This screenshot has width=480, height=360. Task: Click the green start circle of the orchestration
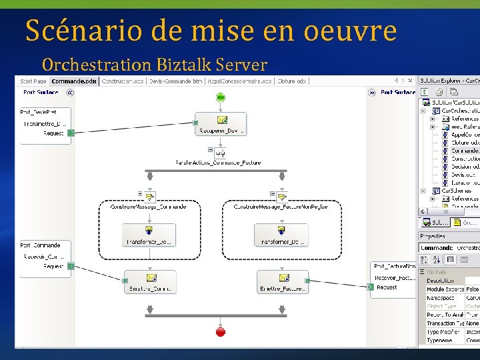pos(221,98)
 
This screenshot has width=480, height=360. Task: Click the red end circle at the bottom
pos(221,331)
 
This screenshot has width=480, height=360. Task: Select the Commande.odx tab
pos(74,81)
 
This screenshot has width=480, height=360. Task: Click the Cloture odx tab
pos(292,81)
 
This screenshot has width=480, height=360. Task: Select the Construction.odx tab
pos(122,81)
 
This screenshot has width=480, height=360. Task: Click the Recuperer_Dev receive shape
pos(221,124)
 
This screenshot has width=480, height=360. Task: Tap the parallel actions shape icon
pos(221,152)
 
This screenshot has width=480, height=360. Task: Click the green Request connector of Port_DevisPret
pos(71,133)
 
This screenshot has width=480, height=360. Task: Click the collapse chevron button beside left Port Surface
pos(70,93)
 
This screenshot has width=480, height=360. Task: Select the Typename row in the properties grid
pos(440,341)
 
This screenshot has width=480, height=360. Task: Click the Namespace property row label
pos(440,297)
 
